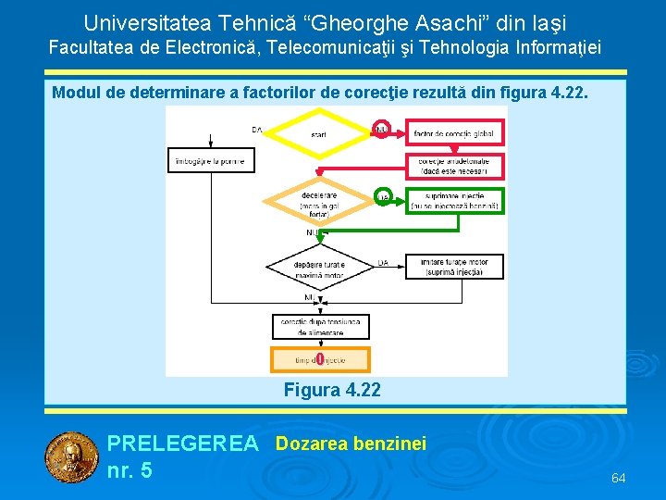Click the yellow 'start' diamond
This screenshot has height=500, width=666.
coord(319,133)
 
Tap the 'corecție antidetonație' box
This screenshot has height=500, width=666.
coord(454,167)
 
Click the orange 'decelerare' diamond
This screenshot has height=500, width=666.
coord(319,201)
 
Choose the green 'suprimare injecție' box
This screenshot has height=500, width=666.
coord(454,200)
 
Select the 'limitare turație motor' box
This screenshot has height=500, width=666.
coord(454,267)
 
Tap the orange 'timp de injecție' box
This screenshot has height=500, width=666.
coord(320,359)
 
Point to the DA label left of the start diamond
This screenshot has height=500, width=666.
coord(256,131)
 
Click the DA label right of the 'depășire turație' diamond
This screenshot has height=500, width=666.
coord(382,262)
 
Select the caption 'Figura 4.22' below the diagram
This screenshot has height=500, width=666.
coord(332,390)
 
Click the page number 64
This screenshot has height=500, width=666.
coord(619,478)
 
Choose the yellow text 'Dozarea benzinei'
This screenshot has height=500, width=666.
coord(351,444)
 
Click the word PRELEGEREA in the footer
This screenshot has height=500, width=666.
coord(182,444)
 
